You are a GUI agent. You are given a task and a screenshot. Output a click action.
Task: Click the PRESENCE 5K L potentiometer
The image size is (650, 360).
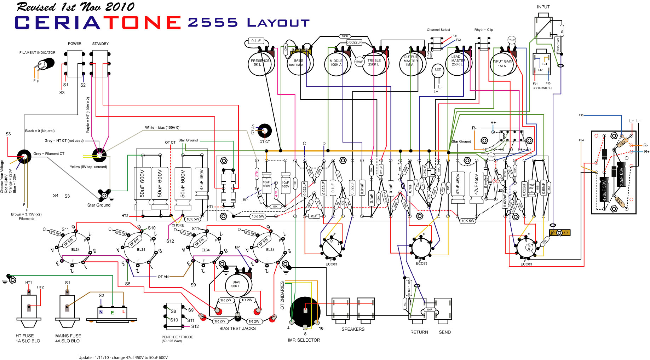pos(260,64)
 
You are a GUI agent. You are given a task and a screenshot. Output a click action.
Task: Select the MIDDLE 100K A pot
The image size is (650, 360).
pos(336,64)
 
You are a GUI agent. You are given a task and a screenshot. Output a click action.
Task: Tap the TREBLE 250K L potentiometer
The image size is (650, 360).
pos(374,64)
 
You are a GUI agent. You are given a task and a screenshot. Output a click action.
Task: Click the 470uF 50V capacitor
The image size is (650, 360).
pos(604,190)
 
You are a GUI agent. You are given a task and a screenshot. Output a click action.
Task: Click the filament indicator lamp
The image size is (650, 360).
pos(45,65)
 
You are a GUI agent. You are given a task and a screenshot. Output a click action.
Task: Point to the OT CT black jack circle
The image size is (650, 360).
pos(264,131)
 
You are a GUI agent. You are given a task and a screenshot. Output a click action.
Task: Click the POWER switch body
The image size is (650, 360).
pos(75,64)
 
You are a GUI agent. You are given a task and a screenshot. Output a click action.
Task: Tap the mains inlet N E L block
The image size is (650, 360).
pos(112,312)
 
